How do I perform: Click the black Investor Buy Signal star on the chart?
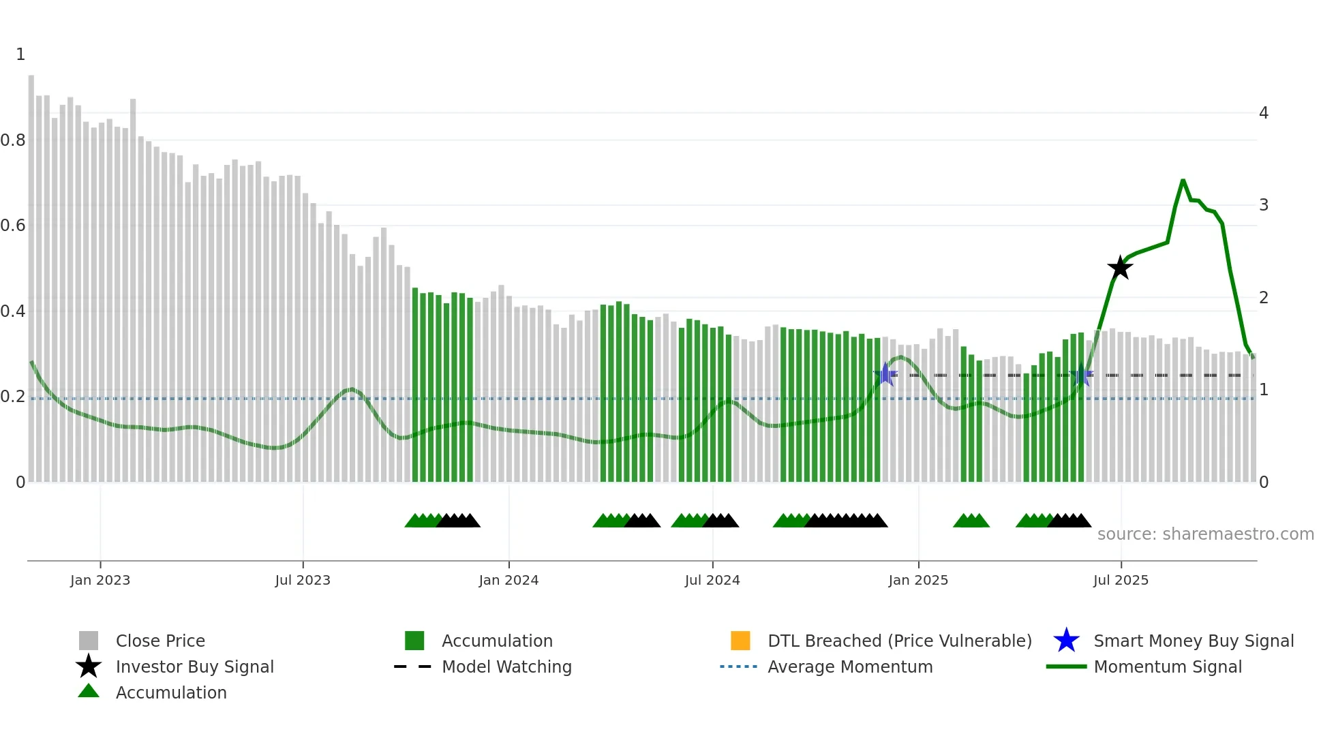[x=1120, y=268]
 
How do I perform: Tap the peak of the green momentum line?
[x=1183, y=181]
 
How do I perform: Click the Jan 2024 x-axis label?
[x=508, y=580]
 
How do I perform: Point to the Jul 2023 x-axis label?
[x=303, y=580]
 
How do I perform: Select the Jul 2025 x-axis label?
[x=1121, y=580]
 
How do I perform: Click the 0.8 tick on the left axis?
[x=14, y=140]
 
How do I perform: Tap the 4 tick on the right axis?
[x=1263, y=113]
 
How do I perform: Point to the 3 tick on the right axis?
[x=1263, y=205]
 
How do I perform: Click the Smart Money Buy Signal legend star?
[x=1066, y=641]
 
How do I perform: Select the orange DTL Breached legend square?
[x=740, y=641]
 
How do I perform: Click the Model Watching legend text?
[x=506, y=666]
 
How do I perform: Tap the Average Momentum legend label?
[x=850, y=666]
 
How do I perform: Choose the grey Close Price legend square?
[x=89, y=641]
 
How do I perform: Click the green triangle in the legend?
[x=89, y=691]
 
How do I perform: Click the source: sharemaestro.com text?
[x=1205, y=534]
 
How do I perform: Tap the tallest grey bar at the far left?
[x=31, y=273]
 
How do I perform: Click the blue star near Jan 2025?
[x=885, y=374]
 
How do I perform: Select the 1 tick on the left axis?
[x=20, y=55]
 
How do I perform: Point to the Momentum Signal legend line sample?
[x=1066, y=666]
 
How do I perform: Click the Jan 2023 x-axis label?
[x=100, y=580]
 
